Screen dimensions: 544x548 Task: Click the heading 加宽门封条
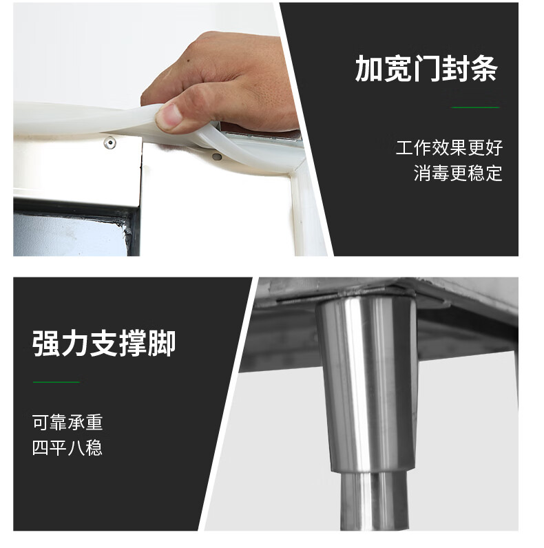pyautogui.click(x=426, y=69)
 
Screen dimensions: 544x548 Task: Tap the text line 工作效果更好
pyautogui.click(x=449, y=147)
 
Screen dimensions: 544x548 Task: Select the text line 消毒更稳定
pyautogui.click(x=458, y=173)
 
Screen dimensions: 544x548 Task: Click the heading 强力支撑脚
pyautogui.click(x=104, y=344)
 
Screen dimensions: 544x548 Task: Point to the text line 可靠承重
pyautogui.click(x=67, y=422)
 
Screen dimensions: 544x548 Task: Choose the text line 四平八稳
pyautogui.click(x=67, y=447)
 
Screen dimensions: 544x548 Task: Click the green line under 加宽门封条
pyautogui.click(x=475, y=107)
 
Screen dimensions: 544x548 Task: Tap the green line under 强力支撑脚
pyautogui.click(x=56, y=382)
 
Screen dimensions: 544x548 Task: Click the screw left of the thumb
pyautogui.click(x=109, y=143)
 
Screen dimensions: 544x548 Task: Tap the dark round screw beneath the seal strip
pyautogui.click(x=217, y=156)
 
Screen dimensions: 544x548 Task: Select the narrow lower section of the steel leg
pyautogui.click(x=374, y=500)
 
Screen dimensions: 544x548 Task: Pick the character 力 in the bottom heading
pyautogui.click(x=75, y=344)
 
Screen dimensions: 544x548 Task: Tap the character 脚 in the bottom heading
pyautogui.click(x=162, y=344)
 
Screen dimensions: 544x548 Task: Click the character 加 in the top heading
pyautogui.click(x=368, y=69)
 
